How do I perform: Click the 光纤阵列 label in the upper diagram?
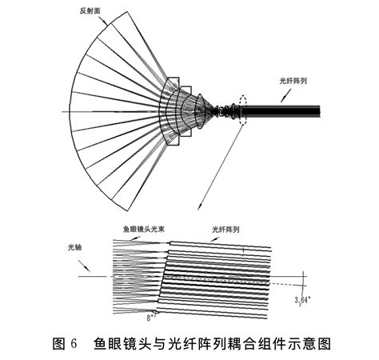coord(293,82)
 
